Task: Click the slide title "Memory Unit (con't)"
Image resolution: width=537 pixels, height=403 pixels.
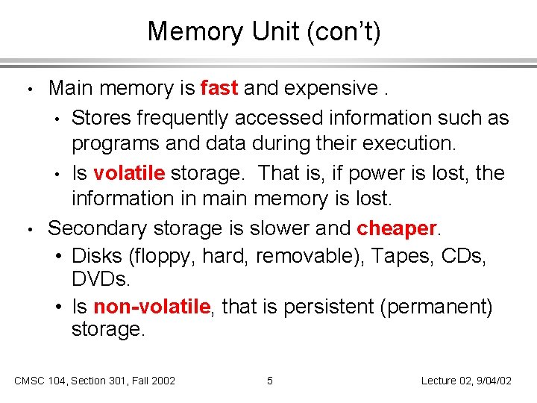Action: coord(264,31)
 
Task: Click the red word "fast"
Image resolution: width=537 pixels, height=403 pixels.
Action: coord(219,88)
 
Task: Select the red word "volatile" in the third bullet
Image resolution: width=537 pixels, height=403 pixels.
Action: coord(129,173)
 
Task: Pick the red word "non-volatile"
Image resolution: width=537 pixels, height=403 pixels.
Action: coord(154,306)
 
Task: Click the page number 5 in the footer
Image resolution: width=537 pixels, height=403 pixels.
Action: coord(270,381)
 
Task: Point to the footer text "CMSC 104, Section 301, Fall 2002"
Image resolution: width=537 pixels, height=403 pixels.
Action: coord(95,381)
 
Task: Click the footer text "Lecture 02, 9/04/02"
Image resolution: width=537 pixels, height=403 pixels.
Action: coord(466,381)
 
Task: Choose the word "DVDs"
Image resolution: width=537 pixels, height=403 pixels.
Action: coord(101,279)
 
